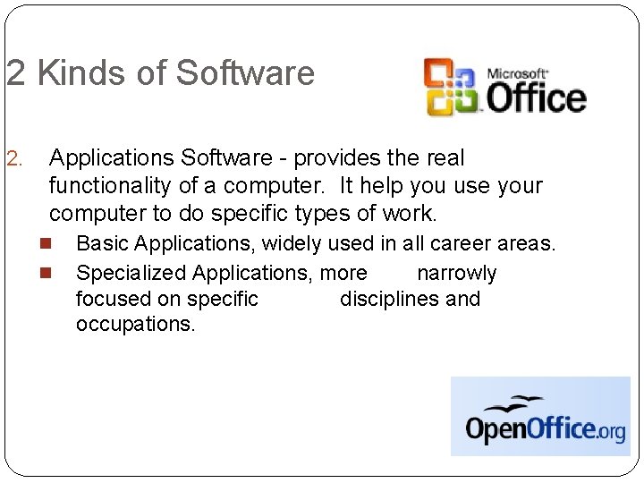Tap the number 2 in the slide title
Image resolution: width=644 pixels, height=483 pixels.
pyautogui.click(x=16, y=73)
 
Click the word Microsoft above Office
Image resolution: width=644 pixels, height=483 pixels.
pyautogui.click(x=517, y=72)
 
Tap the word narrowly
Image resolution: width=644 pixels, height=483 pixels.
pyautogui.click(x=456, y=273)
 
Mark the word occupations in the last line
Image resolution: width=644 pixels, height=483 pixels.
pyautogui.click(x=135, y=324)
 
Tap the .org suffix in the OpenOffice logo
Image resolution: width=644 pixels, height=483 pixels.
pyautogui.click(x=611, y=431)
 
